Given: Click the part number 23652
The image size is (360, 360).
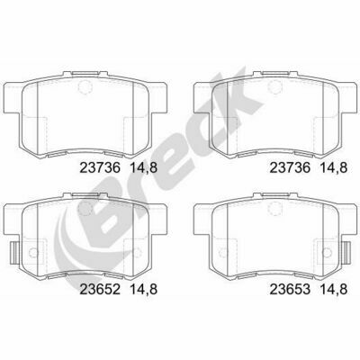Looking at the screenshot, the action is [x=100, y=290].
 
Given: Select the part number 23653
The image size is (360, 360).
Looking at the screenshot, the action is [x=290, y=290].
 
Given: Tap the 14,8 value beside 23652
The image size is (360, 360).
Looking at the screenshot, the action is [x=143, y=290].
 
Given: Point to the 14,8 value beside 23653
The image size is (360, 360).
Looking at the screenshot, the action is [x=334, y=290].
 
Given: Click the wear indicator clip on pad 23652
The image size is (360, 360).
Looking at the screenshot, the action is [x=14, y=253].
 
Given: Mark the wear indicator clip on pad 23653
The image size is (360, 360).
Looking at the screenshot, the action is [x=347, y=253].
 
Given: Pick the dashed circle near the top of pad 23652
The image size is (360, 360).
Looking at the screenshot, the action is [x=84, y=209].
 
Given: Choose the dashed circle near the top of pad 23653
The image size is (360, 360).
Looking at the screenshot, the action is [x=274, y=208].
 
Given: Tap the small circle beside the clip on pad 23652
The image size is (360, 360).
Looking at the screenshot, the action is [x=32, y=253].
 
